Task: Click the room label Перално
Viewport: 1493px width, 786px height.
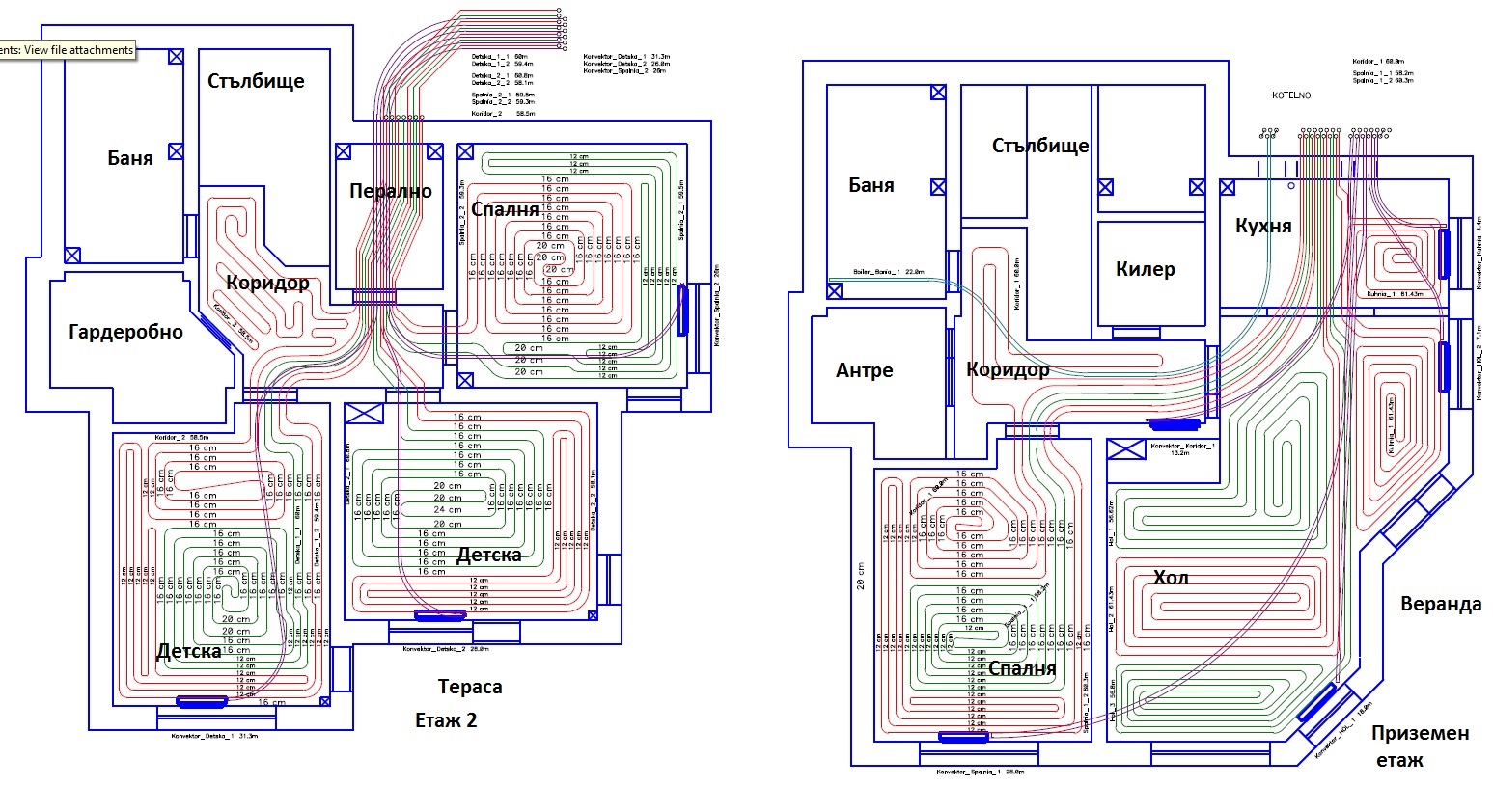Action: [390, 191]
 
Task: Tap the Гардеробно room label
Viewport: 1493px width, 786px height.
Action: [125, 332]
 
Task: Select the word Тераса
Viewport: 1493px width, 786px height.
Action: [470, 687]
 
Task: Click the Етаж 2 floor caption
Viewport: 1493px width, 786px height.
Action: [446, 720]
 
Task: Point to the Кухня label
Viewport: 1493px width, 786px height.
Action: [1262, 226]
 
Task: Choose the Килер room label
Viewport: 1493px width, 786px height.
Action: [1145, 269]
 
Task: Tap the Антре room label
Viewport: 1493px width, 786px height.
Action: [864, 370]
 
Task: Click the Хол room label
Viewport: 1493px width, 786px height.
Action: [1170, 578]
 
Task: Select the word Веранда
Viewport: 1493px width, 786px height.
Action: [1440, 604]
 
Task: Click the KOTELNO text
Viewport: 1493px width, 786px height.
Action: [1290, 96]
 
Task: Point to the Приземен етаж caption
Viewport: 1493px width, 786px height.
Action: [1420, 745]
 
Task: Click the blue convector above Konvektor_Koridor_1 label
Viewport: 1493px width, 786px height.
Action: [1175, 423]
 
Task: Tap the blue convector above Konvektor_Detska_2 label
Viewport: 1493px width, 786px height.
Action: [439, 614]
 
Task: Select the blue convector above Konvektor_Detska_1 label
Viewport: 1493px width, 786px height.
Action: [202, 702]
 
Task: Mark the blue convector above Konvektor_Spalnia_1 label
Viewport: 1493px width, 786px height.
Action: [964, 738]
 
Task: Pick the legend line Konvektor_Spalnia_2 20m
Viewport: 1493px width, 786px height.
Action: [624, 71]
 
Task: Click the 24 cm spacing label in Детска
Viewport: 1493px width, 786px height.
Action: [447, 509]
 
